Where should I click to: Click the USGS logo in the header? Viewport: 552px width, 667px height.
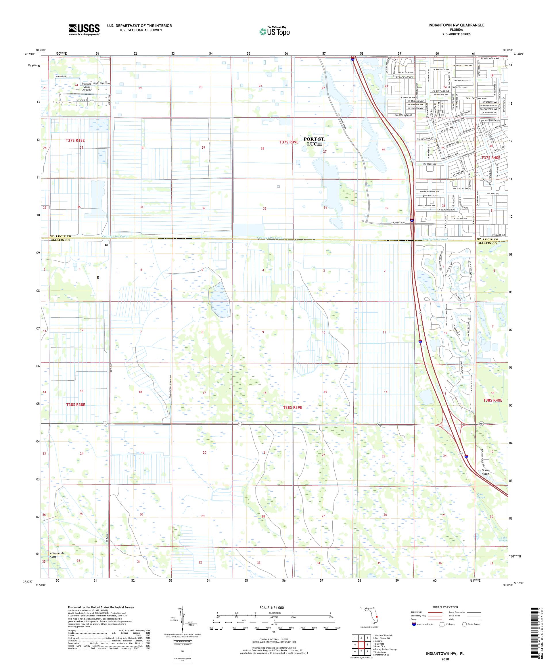84,30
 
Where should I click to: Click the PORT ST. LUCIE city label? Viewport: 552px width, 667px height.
314,141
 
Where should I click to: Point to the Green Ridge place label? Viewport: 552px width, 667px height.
486,472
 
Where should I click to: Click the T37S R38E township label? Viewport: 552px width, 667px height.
75,140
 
